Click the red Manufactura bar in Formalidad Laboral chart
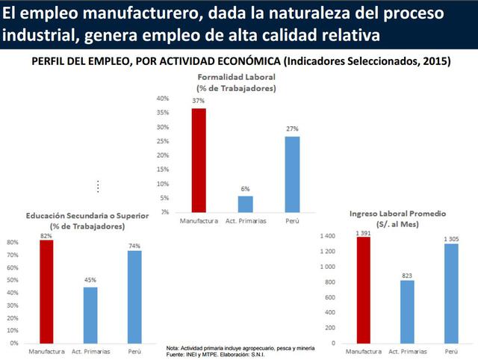click(x=199, y=161)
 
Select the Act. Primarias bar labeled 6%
click(x=245, y=204)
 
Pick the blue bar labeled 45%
click(x=90, y=314)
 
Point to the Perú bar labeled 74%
click(x=134, y=297)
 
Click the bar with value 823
click(x=407, y=311)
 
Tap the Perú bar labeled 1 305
click(x=451, y=293)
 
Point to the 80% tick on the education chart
click(x=13, y=243)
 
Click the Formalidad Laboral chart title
click(x=237, y=83)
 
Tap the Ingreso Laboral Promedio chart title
click(x=397, y=218)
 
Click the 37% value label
click(x=199, y=100)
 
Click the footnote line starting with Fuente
click(x=217, y=354)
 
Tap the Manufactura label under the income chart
click(x=364, y=351)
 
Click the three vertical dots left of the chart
click(x=98, y=186)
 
